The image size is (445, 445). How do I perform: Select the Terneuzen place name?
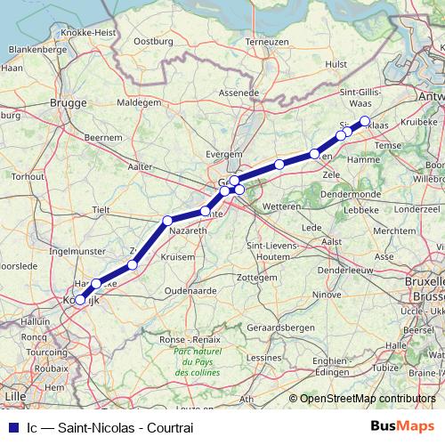click(x=267, y=41)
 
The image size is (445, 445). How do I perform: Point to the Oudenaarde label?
click(x=190, y=290)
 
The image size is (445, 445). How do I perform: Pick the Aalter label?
click(x=141, y=166)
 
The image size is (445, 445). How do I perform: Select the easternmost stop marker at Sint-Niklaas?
click(x=365, y=121)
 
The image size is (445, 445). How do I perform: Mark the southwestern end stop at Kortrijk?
click(x=80, y=300)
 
